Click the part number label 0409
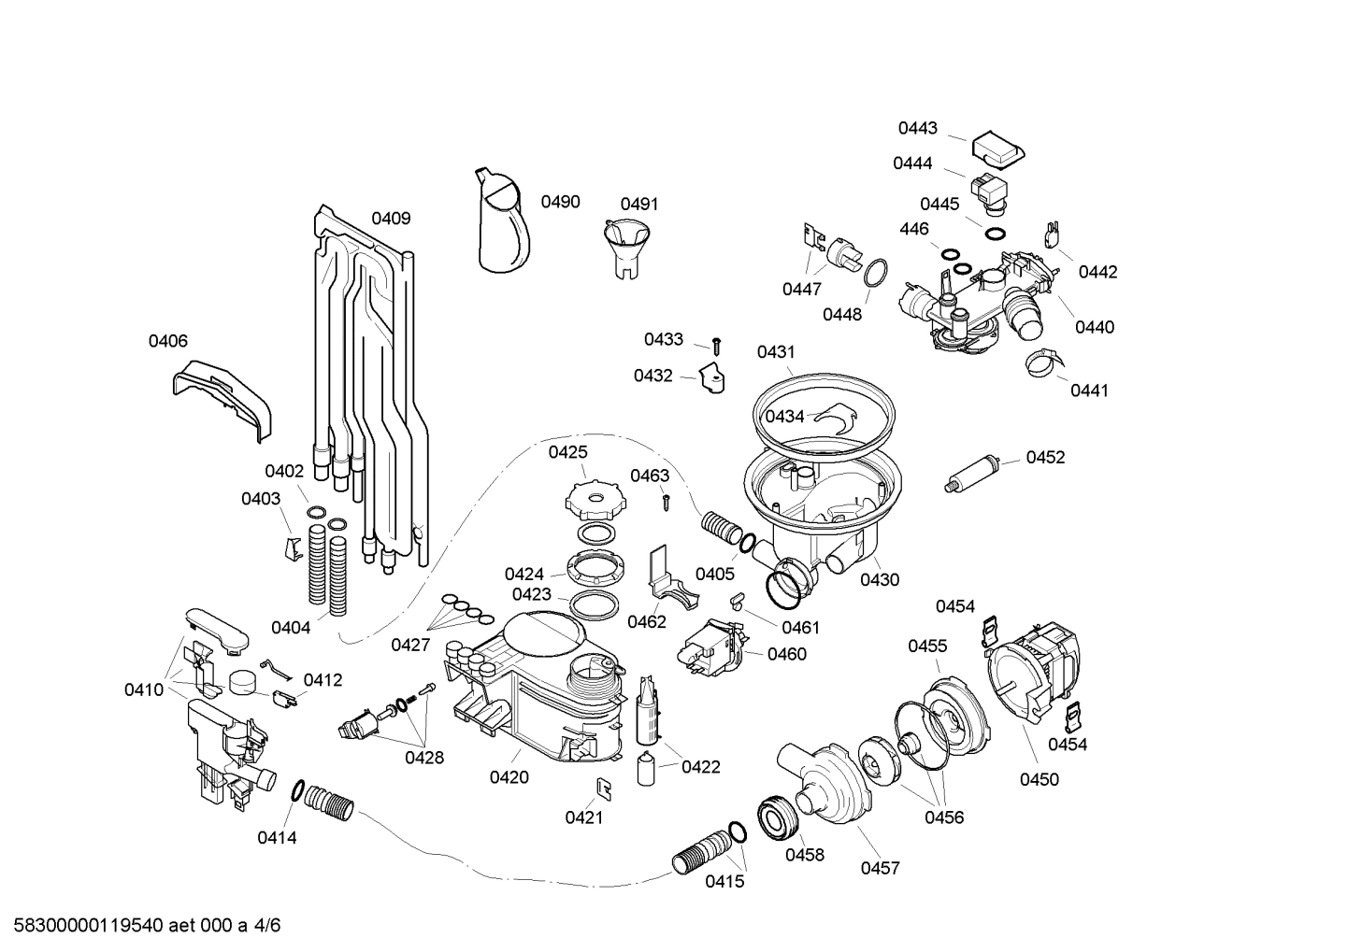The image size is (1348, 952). (x=391, y=219)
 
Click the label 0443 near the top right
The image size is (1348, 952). (x=917, y=128)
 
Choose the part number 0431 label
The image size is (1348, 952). (x=776, y=352)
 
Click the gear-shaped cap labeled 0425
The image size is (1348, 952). (x=593, y=500)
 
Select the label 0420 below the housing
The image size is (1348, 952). (x=509, y=777)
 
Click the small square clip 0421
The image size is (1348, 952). (x=604, y=789)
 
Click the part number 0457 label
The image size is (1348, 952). (x=880, y=868)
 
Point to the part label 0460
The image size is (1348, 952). (x=786, y=654)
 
